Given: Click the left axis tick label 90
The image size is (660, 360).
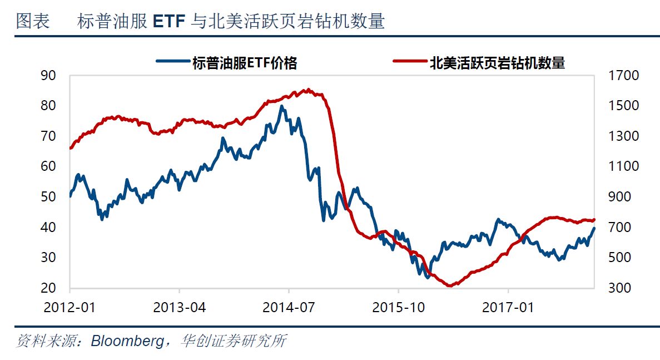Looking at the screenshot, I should pyautogui.click(x=48, y=76).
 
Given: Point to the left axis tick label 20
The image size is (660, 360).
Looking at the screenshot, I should pyautogui.click(x=48, y=288).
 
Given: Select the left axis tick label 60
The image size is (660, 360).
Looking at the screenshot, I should pyautogui.click(x=48, y=166).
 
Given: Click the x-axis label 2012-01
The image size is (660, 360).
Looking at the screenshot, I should pyautogui.click(x=70, y=307).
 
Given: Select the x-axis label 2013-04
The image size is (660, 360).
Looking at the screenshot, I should pyautogui.click(x=180, y=307).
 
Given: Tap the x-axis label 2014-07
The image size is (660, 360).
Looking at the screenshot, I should pyautogui.click(x=289, y=307).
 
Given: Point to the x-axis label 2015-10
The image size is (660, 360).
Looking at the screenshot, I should pyautogui.click(x=399, y=307).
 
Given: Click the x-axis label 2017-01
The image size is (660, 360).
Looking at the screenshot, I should pyautogui.click(x=508, y=307).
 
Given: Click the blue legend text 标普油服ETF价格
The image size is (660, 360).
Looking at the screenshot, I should pyautogui.click(x=245, y=63).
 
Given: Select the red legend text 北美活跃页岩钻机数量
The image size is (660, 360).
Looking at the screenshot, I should pyautogui.click(x=497, y=63).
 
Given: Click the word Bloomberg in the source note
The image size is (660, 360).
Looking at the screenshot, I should pyautogui.click(x=126, y=340).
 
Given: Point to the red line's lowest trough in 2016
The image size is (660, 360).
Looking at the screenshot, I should pyautogui.click(x=450, y=286).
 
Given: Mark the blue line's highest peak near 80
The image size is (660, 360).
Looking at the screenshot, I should pyautogui.click(x=281, y=106).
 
